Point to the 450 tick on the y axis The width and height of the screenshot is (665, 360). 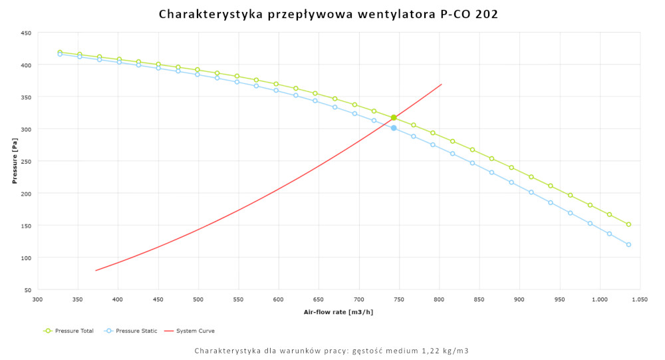point(26,33)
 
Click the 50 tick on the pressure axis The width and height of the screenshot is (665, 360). point(27,290)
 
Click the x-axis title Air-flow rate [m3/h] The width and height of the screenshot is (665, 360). point(338,311)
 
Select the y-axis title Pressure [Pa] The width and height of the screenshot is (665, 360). point(15,161)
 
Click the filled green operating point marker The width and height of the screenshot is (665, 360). point(394,118)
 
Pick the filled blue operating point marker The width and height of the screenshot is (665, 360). point(394,128)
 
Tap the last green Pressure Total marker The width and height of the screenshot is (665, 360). point(628,224)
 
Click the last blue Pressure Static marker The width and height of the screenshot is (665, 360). point(628,244)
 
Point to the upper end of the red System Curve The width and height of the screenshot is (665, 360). point(441,85)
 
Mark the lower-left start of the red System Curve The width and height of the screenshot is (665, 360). point(96,270)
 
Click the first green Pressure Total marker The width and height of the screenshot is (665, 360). point(60,52)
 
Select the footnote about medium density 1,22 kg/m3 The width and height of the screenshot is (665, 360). point(332,350)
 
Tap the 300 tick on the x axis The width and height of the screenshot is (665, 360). point(38,300)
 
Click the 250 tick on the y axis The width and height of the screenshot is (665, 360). point(26,161)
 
